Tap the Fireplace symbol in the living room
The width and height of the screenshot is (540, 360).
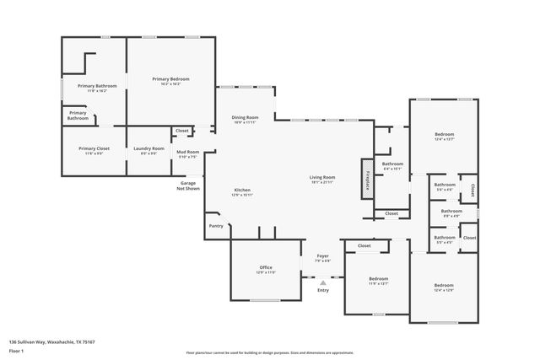(x=367, y=178)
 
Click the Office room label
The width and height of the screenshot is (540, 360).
(x=266, y=268)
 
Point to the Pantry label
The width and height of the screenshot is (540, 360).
(x=217, y=225)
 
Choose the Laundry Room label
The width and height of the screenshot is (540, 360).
(x=148, y=149)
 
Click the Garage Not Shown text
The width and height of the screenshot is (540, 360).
(x=188, y=185)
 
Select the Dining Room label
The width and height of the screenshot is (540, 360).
(x=246, y=118)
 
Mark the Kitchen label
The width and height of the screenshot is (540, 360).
(x=242, y=191)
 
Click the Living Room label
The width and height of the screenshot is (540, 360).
(x=322, y=178)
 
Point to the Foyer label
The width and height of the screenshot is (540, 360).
(x=322, y=256)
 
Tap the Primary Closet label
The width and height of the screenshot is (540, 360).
(x=94, y=149)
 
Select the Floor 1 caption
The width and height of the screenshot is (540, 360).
(x=18, y=351)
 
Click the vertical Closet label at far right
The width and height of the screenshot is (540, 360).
(x=472, y=190)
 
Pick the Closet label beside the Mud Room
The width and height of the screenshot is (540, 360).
(x=182, y=131)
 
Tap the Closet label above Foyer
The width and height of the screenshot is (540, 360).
(x=364, y=245)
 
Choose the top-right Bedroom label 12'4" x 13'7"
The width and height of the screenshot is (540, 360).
(x=445, y=136)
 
